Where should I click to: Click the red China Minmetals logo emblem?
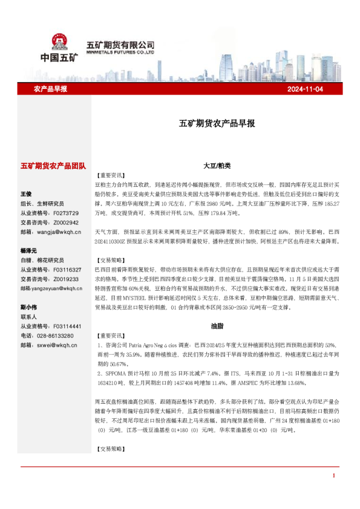(58, 41)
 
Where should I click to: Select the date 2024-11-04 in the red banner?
(306, 89)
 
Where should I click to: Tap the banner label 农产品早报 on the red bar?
(50, 89)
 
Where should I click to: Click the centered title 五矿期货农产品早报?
(217, 123)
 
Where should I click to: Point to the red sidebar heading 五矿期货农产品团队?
(53, 165)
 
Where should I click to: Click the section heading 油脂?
(217, 326)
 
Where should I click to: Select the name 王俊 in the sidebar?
(26, 194)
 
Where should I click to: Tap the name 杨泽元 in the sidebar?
(28, 250)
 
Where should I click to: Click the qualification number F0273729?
(66, 213)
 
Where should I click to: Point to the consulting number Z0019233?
(66, 279)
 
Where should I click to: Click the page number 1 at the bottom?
(333, 476)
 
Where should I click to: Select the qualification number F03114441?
(67, 326)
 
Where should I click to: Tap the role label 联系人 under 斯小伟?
(28, 316)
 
